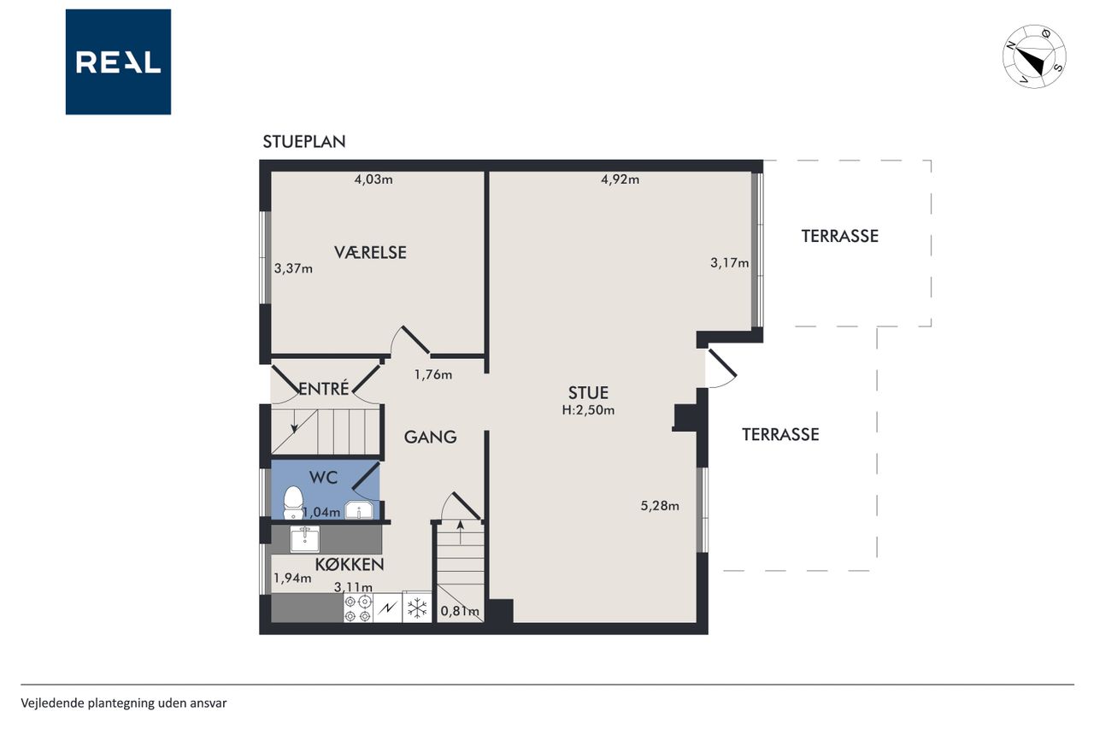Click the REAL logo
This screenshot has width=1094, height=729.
point(118,62)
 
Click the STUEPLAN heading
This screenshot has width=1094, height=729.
point(304,142)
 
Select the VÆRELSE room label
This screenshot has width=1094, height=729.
point(370,252)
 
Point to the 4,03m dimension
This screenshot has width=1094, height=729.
point(373,179)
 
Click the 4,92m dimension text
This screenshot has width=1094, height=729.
point(621,179)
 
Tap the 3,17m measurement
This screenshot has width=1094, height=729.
point(730,263)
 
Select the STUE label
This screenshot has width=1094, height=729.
point(589,392)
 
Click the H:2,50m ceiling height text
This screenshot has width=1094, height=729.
point(588,410)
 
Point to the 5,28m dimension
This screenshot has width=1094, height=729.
point(660,506)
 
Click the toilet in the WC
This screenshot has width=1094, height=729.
point(293,503)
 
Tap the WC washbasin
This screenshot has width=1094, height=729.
point(359,510)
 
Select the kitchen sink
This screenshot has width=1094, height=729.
point(305,539)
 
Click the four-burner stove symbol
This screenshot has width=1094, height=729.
point(358,608)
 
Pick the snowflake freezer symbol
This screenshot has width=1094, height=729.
point(417,608)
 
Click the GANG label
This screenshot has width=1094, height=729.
point(430,437)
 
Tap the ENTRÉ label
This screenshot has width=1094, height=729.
point(324,389)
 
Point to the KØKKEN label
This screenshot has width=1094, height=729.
point(350,565)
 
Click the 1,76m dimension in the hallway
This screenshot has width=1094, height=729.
point(433,375)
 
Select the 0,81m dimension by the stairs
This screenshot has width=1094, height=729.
point(460,611)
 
